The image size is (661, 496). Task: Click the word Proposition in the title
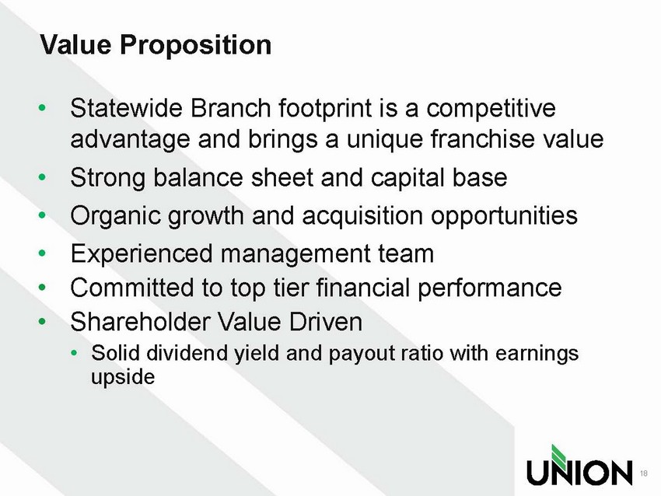point(196,45)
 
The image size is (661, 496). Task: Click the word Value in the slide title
point(76,44)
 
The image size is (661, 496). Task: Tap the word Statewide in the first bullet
point(127,108)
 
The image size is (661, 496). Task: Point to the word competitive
point(491,110)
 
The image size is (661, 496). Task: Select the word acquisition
point(362,217)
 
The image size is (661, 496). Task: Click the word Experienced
point(142,254)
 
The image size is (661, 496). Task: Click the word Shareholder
point(140,322)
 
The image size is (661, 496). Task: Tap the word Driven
point(325,322)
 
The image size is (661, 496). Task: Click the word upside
point(123,377)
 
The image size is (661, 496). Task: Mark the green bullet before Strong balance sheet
point(42,177)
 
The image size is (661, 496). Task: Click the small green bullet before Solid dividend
point(74,353)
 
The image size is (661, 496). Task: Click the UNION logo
point(579,465)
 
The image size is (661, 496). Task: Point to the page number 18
point(644,473)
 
